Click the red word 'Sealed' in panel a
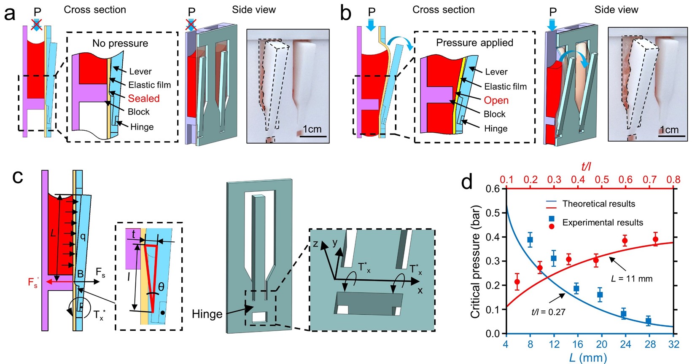pyautogui.click(x=144, y=99)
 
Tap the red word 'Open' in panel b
pyautogui.click(x=496, y=100)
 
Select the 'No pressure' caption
pyautogui.click(x=120, y=43)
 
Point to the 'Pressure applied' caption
pyautogui.click(x=474, y=43)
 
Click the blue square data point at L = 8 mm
pyautogui.click(x=530, y=240)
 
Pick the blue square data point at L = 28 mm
pyautogui.click(x=649, y=321)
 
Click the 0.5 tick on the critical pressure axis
pyautogui.click(x=494, y=213)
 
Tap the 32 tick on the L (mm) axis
pyautogui.click(x=674, y=344)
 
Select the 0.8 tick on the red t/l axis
pyautogui.click(x=674, y=180)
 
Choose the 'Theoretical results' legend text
pyautogui.click(x=599, y=204)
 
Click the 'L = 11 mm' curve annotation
pyautogui.click(x=632, y=279)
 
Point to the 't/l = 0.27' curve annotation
pyautogui.click(x=548, y=312)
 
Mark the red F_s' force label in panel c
pyautogui.click(x=33, y=283)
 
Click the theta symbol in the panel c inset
pyautogui.click(x=161, y=287)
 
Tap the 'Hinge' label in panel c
pyautogui.click(x=207, y=314)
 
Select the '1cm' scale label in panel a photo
pyautogui.click(x=312, y=129)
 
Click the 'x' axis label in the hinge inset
pyautogui.click(x=420, y=291)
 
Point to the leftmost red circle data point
pyautogui.click(x=517, y=281)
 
